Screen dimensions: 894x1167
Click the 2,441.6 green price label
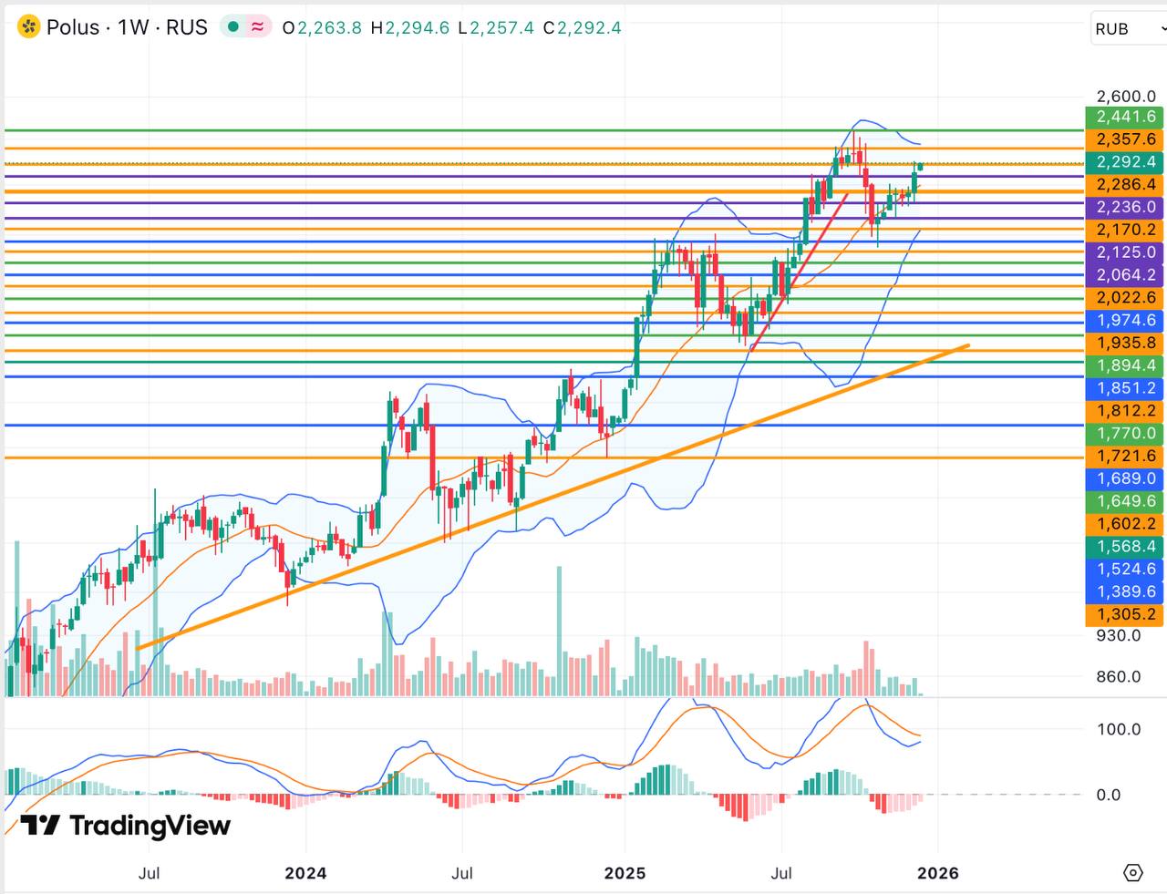(x=1125, y=117)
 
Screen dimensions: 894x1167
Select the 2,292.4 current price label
(x=1125, y=162)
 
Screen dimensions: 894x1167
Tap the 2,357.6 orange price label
(x=1125, y=139)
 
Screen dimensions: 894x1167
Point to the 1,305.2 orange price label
(x=1125, y=614)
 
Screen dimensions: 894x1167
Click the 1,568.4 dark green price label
(x=1125, y=547)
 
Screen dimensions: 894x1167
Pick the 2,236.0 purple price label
(x=1125, y=207)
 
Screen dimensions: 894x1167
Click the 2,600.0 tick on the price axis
(x=1125, y=97)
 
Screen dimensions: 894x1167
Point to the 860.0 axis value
(x=1118, y=677)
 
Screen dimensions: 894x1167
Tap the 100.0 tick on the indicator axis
(x=1119, y=729)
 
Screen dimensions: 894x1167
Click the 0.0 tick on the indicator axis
(x=1109, y=795)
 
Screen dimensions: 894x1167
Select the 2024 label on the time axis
(x=305, y=873)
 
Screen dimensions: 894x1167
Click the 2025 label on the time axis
(x=625, y=873)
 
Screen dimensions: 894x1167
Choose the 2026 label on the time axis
(x=937, y=873)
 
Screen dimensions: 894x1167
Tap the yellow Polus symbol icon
(x=29, y=27)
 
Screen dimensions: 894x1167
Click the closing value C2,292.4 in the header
(x=582, y=28)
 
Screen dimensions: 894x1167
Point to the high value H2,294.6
(x=409, y=28)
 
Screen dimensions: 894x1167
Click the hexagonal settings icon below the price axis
(x=1132, y=873)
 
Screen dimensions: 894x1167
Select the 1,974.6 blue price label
(x=1125, y=321)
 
